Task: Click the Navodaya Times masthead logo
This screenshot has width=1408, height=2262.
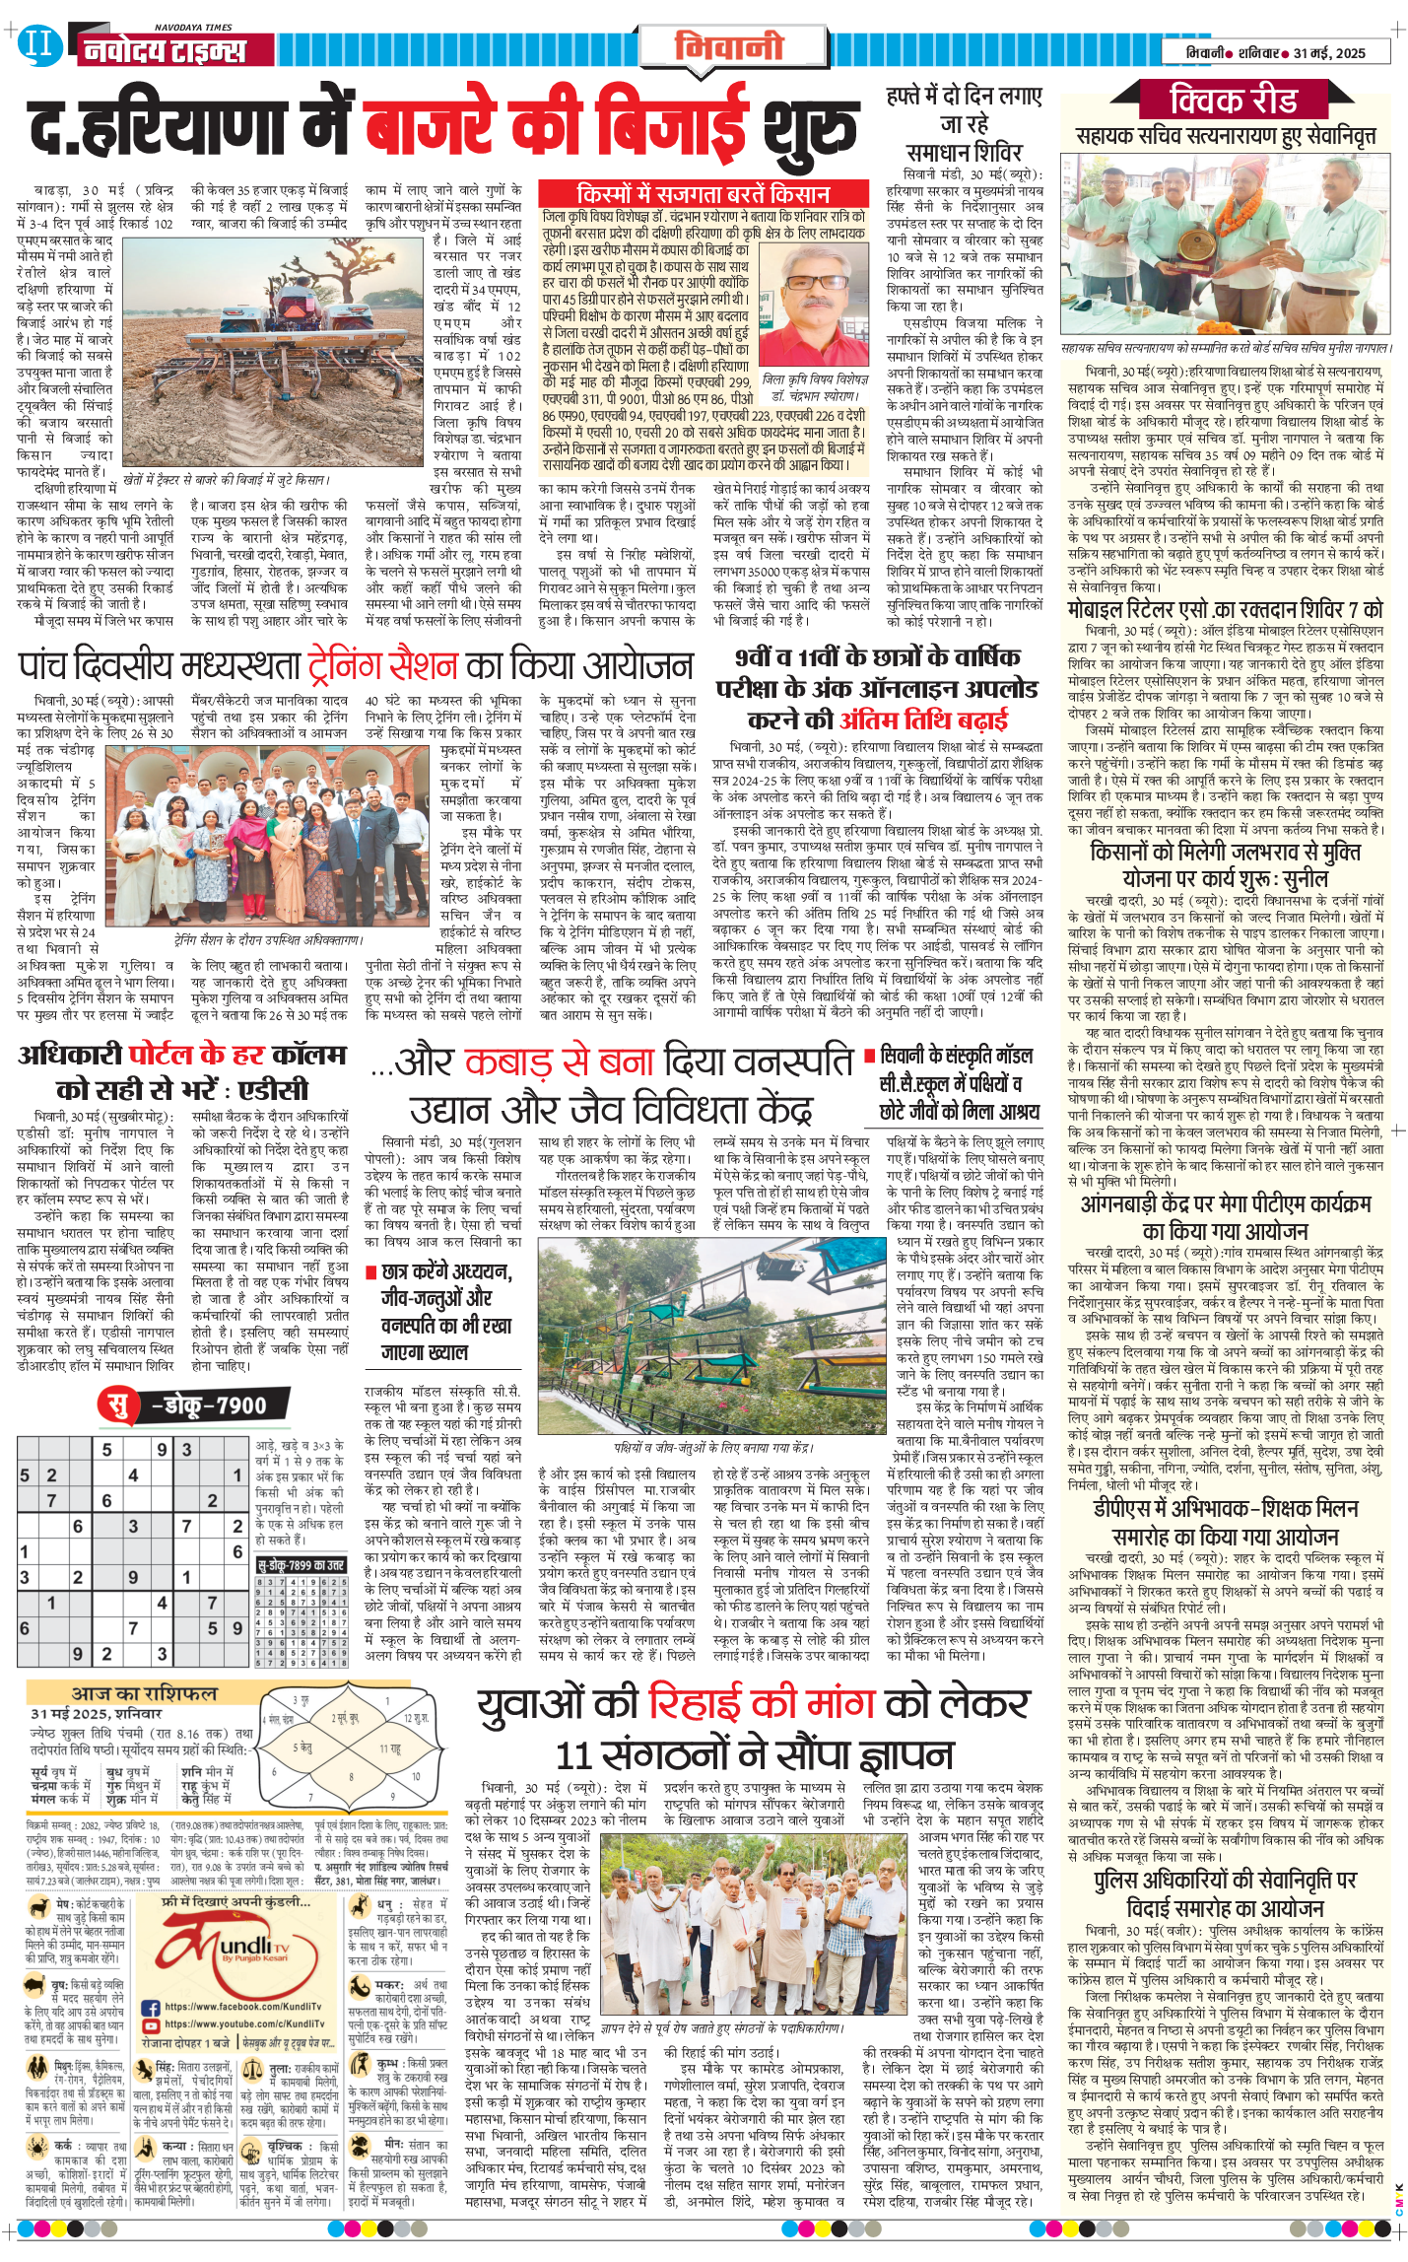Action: [164, 49]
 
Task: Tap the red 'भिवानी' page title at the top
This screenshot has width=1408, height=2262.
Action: [729, 46]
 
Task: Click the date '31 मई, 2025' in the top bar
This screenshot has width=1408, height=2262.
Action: [1329, 53]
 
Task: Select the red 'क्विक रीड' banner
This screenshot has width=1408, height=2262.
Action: [1233, 100]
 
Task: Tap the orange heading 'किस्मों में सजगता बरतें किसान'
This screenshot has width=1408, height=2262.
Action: [703, 194]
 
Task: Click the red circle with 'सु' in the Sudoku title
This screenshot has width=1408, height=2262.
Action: [119, 1405]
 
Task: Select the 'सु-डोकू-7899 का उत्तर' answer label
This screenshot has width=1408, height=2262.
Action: [302, 1564]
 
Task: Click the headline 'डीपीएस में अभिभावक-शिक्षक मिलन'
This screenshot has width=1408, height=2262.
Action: [1226, 1509]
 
